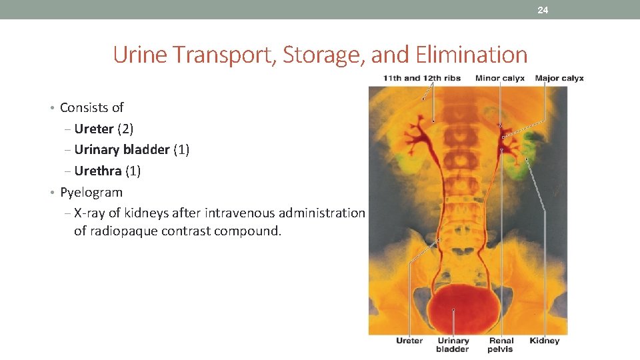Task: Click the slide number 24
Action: click(x=543, y=10)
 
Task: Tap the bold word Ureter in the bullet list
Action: click(x=94, y=129)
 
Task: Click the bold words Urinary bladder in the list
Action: click(x=122, y=149)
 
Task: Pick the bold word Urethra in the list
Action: click(x=98, y=171)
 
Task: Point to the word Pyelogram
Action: click(x=91, y=192)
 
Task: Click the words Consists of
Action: click(x=91, y=107)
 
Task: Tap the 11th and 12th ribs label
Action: click(x=421, y=78)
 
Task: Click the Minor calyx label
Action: click(x=499, y=78)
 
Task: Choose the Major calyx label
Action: click(x=559, y=78)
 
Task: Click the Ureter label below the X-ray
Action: click(x=409, y=341)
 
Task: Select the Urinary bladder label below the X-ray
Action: click(x=453, y=345)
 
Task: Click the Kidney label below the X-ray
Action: click(x=544, y=341)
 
